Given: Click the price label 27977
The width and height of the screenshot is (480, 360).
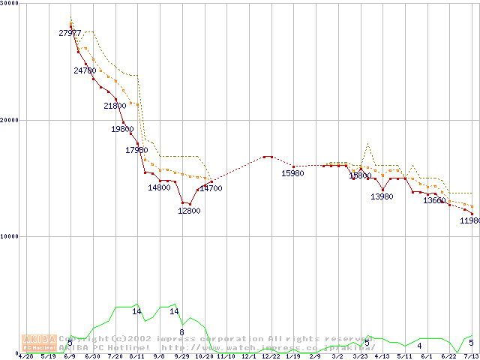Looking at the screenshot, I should click(x=70, y=33).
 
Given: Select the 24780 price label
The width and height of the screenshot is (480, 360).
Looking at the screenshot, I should click(x=85, y=70).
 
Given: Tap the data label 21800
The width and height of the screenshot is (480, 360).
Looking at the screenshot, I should click(x=115, y=106).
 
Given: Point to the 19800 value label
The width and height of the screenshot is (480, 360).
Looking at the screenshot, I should click(x=122, y=130).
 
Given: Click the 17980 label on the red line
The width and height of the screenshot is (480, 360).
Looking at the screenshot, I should click(x=136, y=150).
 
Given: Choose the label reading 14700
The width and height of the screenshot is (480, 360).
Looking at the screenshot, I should click(x=211, y=189).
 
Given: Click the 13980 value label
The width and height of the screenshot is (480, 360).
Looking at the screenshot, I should click(x=382, y=196).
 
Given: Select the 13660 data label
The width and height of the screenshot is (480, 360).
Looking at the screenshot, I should click(x=434, y=201).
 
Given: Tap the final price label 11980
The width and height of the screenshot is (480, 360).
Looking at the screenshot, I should click(x=469, y=221).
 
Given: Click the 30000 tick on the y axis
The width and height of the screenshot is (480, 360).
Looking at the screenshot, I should click(x=10, y=4).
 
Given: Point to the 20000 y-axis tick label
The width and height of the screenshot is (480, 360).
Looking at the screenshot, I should click(x=10, y=120).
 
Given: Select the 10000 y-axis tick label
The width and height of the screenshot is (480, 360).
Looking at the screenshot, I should click(x=10, y=236).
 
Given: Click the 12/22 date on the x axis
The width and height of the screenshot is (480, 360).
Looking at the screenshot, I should click(x=270, y=356).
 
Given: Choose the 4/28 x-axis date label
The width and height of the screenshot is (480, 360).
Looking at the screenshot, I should click(x=25, y=356).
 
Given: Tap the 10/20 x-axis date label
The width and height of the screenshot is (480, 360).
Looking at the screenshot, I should click(x=203, y=356).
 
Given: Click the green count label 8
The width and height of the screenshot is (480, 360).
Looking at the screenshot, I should click(x=181, y=332).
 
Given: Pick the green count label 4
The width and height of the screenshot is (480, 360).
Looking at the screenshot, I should click(x=419, y=346).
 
